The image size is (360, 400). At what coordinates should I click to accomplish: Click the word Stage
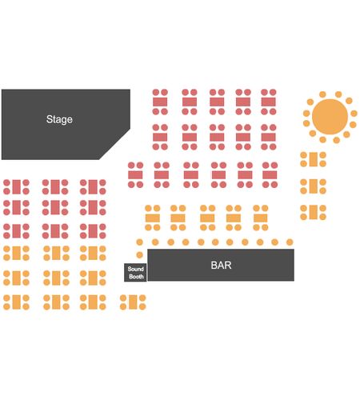[x=59, y=119]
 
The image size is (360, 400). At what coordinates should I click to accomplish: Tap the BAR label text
[x=221, y=265]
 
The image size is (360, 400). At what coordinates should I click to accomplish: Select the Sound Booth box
[x=135, y=273]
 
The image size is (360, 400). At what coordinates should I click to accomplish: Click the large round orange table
[x=330, y=117]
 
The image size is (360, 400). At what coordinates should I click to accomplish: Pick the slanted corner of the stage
[x=114, y=144]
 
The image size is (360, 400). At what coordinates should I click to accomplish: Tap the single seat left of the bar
[x=139, y=255]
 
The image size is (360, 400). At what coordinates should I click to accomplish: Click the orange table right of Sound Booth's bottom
[x=133, y=302]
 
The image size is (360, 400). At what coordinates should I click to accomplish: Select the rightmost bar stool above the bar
[x=290, y=242]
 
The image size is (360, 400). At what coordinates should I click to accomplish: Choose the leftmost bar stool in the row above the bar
[x=139, y=242]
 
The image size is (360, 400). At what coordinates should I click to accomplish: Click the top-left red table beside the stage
[x=160, y=102]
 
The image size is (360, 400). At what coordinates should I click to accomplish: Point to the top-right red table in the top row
[x=268, y=102]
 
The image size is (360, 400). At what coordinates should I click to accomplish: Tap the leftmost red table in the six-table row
[x=135, y=175]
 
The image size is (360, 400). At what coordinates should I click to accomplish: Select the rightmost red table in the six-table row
[x=270, y=175]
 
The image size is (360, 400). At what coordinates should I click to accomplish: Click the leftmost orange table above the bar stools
[x=153, y=218]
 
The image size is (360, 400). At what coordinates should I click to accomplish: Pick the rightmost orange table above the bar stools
[x=260, y=218]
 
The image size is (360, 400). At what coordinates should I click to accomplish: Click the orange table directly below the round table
[x=314, y=159]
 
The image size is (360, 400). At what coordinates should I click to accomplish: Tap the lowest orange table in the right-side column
[x=314, y=212]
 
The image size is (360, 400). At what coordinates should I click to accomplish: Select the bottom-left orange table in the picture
[x=16, y=302]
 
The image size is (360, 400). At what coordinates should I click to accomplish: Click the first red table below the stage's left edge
[x=16, y=186]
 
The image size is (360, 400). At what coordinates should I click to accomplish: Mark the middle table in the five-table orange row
[x=207, y=218]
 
